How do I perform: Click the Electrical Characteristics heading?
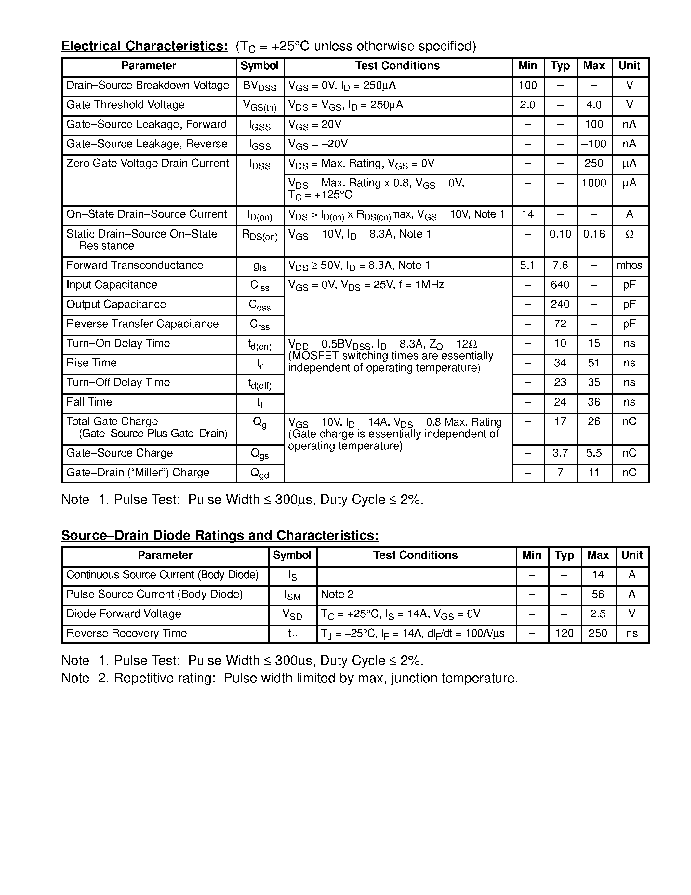click(x=144, y=46)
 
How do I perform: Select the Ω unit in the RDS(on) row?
click(x=630, y=234)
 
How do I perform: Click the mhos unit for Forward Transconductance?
click(x=629, y=265)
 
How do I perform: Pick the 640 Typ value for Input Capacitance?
click(x=560, y=285)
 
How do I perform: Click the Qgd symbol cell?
click(x=259, y=473)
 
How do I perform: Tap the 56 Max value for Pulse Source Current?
click(x=598, y=594)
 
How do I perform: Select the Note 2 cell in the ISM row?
click(x=337, y=594)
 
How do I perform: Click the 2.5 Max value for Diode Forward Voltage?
click(x=598, y=613)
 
